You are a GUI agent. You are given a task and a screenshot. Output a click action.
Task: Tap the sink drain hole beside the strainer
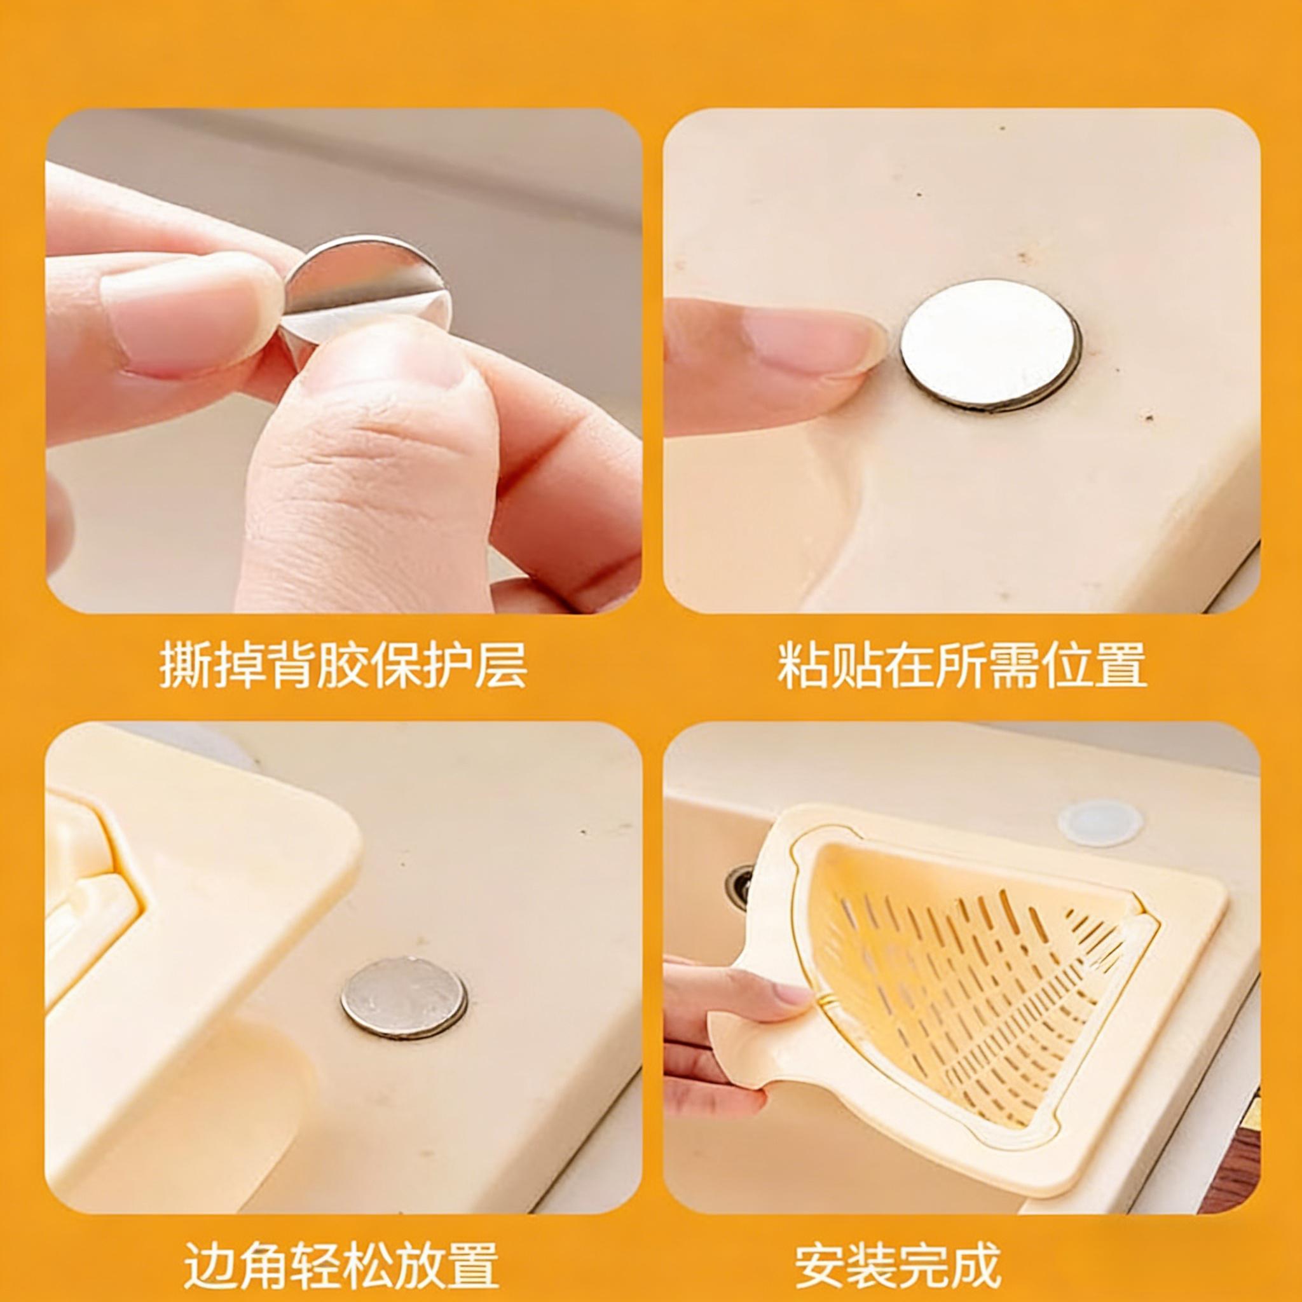point(740,884)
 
